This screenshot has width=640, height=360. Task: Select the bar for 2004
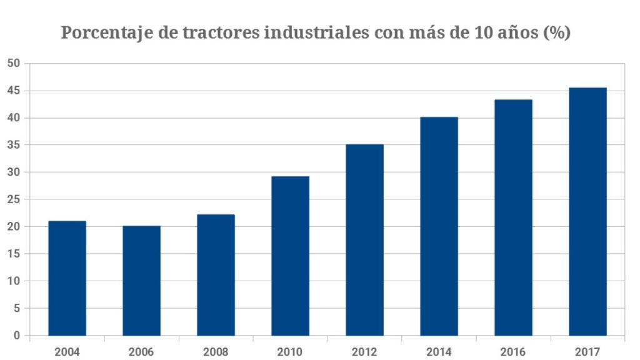[x=67, y=278]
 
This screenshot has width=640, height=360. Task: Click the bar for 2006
[x=141, y=281]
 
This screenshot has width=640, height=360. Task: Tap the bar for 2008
[x=216, y=275]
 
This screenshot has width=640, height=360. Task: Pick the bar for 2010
[x=290, y=256]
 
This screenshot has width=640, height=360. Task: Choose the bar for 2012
[x=364, y=240]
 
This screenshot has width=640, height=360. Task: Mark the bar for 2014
[x=439, y=226]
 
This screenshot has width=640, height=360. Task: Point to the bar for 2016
[x=513, y=217]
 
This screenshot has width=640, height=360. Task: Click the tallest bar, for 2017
[x=587, y=212]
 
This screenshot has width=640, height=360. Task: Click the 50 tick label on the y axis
[x=14, y=64]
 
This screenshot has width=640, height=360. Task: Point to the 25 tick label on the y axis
[x=14, y=199]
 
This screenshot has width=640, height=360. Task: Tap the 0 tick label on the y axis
[x=17, y=336]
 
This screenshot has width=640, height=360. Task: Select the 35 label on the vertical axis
[x=14, y=145]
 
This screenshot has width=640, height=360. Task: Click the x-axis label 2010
[x=290, y=351]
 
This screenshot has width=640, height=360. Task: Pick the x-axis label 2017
[x=587, y=351]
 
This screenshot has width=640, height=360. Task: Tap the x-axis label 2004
[x=67, y=351]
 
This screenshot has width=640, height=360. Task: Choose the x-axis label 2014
[x=439, y=351]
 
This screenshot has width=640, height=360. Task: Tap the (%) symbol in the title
[x=556, y=33]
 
